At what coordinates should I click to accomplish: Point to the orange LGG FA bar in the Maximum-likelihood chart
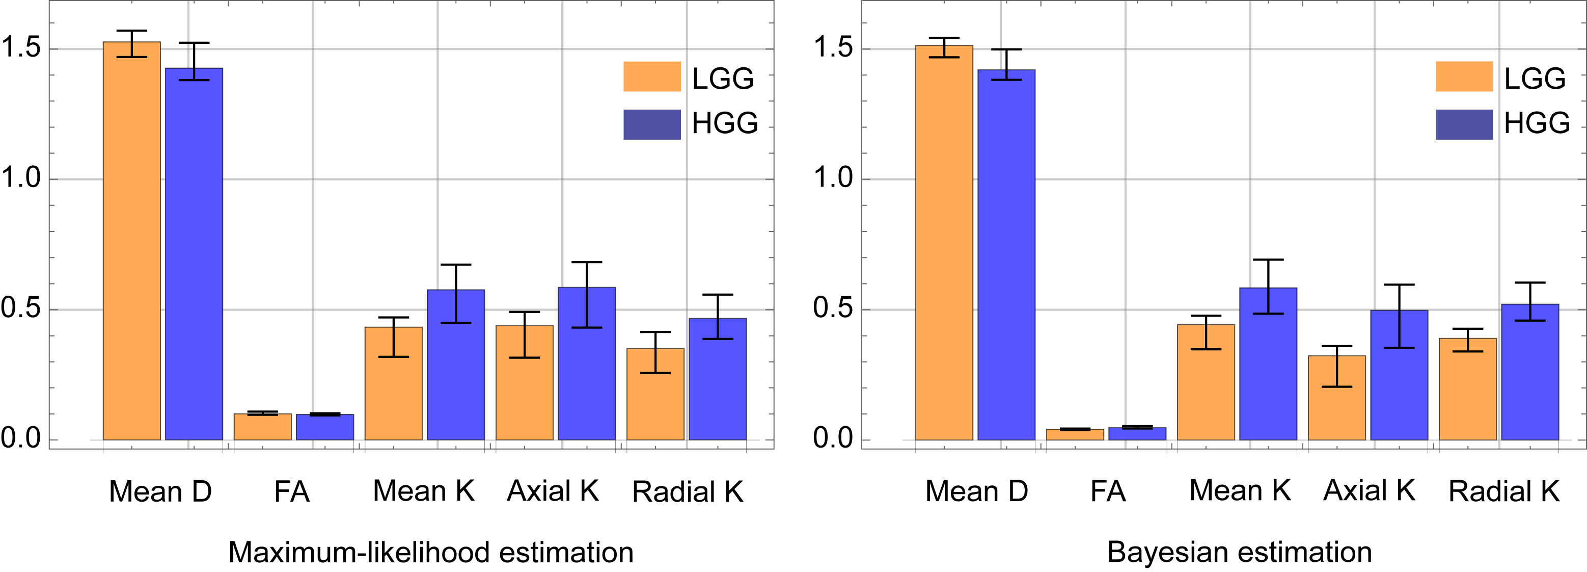tap(262, 427)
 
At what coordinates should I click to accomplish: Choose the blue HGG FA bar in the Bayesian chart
tap(1137, 433)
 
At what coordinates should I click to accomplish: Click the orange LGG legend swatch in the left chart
tap(652, 76)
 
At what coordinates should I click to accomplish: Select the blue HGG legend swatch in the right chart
tap(1464, 124)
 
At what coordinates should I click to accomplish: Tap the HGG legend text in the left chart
tap(725, 123)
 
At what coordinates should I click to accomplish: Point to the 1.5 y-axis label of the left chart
tap(21, 48)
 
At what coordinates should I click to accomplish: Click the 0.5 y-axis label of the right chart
tap(833, 308)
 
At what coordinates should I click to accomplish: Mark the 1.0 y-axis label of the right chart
tap(833, 178)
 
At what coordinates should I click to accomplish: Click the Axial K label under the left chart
tap(553, 491)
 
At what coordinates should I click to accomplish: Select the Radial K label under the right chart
tap(1504, 491)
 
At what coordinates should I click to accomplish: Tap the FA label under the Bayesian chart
tap(1108, 491)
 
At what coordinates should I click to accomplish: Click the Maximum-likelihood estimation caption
tap(431, 552)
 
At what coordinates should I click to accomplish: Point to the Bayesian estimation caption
tap(1239, 552)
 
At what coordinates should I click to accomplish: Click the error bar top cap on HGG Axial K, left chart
tap(587, 262)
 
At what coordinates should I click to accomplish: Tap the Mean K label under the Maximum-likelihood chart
tap(423, 491)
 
